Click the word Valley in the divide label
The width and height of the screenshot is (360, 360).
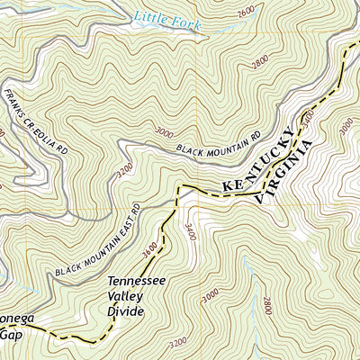tap(130, 296)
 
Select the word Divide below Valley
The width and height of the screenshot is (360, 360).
tap(129, 310)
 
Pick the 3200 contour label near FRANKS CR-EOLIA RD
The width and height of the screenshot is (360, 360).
tap(124, 168)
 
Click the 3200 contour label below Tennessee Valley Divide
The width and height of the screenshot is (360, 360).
tap(178, 343)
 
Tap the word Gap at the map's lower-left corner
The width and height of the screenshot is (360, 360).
tap(9, 334)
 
